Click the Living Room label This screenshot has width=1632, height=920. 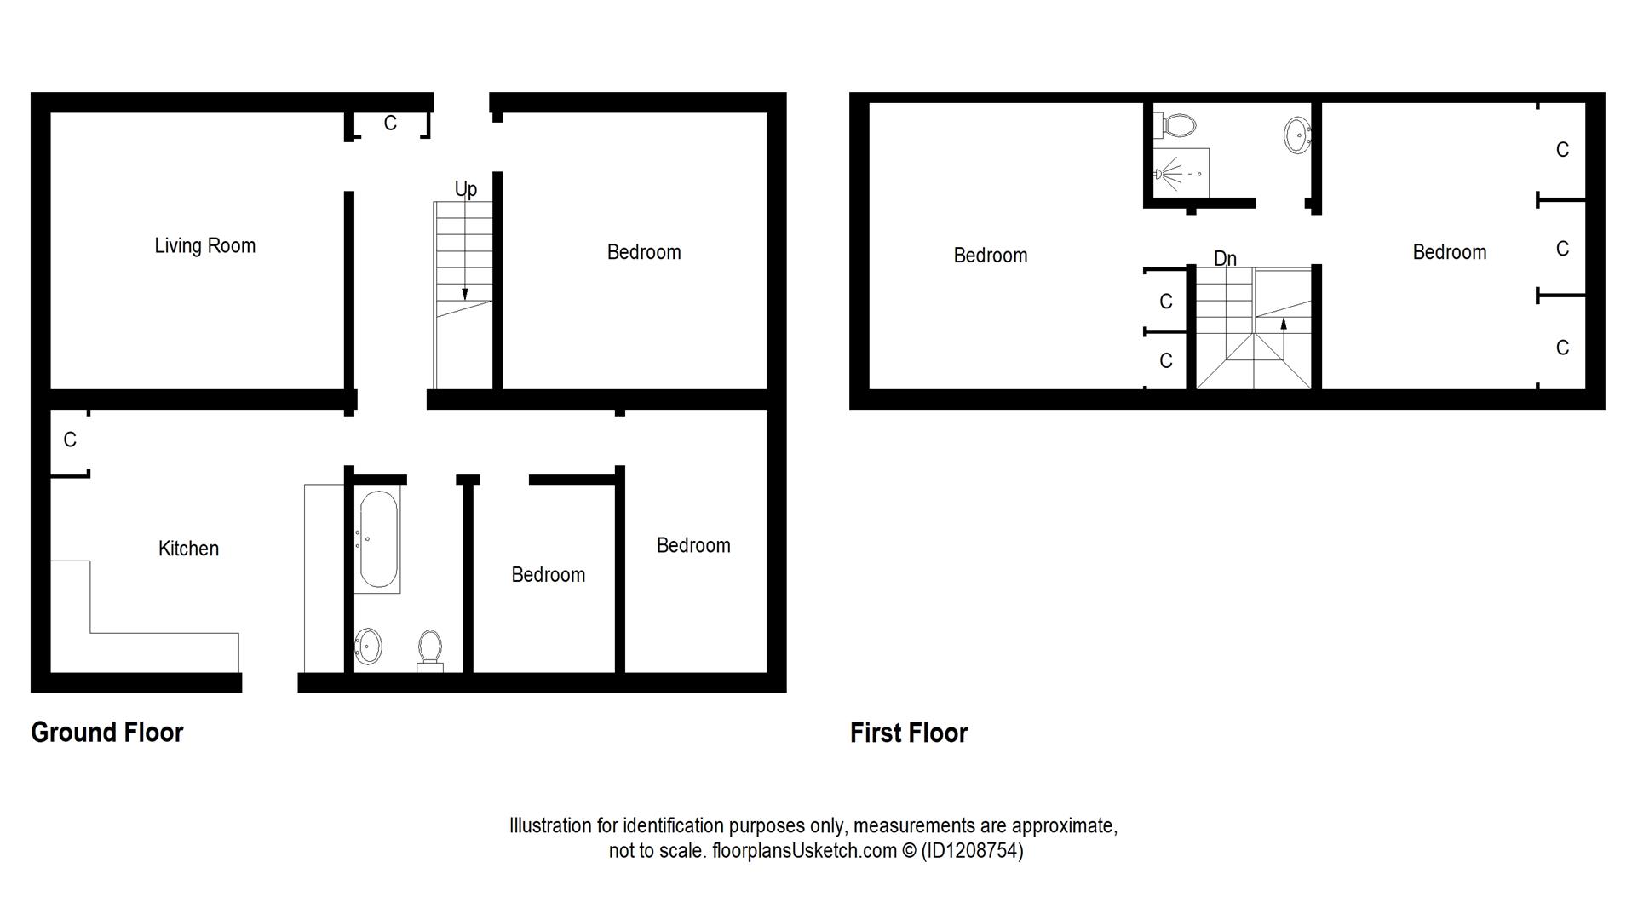click(204, 246)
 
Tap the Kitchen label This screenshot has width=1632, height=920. click(188, 549)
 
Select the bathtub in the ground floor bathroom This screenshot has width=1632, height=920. click(378, 540)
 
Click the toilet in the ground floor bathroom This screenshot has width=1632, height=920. click(430, 649)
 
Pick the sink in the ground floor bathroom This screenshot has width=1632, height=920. click(368, 646)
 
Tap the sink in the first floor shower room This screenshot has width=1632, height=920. click(1296, 135)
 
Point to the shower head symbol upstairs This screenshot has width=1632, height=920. click(1162, 174)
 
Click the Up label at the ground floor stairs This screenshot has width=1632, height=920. click(465, 189)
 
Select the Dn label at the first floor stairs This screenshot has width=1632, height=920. click(1225, 258)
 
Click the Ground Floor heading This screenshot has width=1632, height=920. click(107, 733)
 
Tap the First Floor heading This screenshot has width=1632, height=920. click(909, 733)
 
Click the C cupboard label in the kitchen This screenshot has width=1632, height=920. click(70, 440)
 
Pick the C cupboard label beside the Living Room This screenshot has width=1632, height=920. click(390, 124)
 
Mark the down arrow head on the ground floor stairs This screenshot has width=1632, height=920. click(464, 295)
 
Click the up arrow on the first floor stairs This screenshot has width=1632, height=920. click(1283, 324)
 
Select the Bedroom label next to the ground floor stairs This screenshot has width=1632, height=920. click(644, 252)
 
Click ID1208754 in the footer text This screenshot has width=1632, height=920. click(971, 850)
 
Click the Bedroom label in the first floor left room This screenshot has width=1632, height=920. click(990, 256)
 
